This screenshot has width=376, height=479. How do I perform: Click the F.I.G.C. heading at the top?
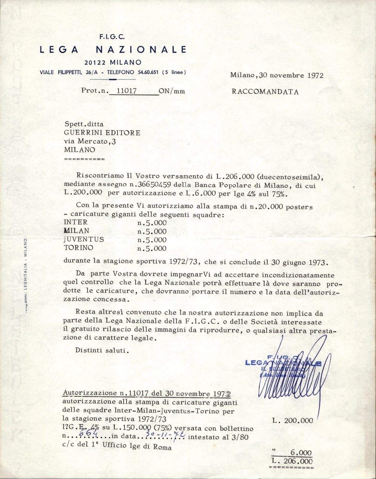(x=112, y=37)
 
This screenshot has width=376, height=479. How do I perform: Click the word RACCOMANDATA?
(x=265, y=92)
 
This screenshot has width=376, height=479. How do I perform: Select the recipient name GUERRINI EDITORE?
(x=102, y=133)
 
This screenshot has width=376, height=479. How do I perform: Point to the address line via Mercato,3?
(x=90, y=141)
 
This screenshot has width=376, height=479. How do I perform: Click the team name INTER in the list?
(x=76, y=222)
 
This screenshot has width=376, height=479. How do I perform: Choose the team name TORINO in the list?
(x=78, y=248)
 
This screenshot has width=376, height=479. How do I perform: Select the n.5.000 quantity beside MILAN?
(x=152, y=231)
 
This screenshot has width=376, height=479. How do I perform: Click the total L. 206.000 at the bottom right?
(x=292, y=461)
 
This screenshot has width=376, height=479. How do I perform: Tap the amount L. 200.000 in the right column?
(x=293, y=421)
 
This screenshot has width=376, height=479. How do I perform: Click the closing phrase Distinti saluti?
(x=102, y=350)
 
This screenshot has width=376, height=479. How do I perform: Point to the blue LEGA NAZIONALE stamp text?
(x=283, y=363)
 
